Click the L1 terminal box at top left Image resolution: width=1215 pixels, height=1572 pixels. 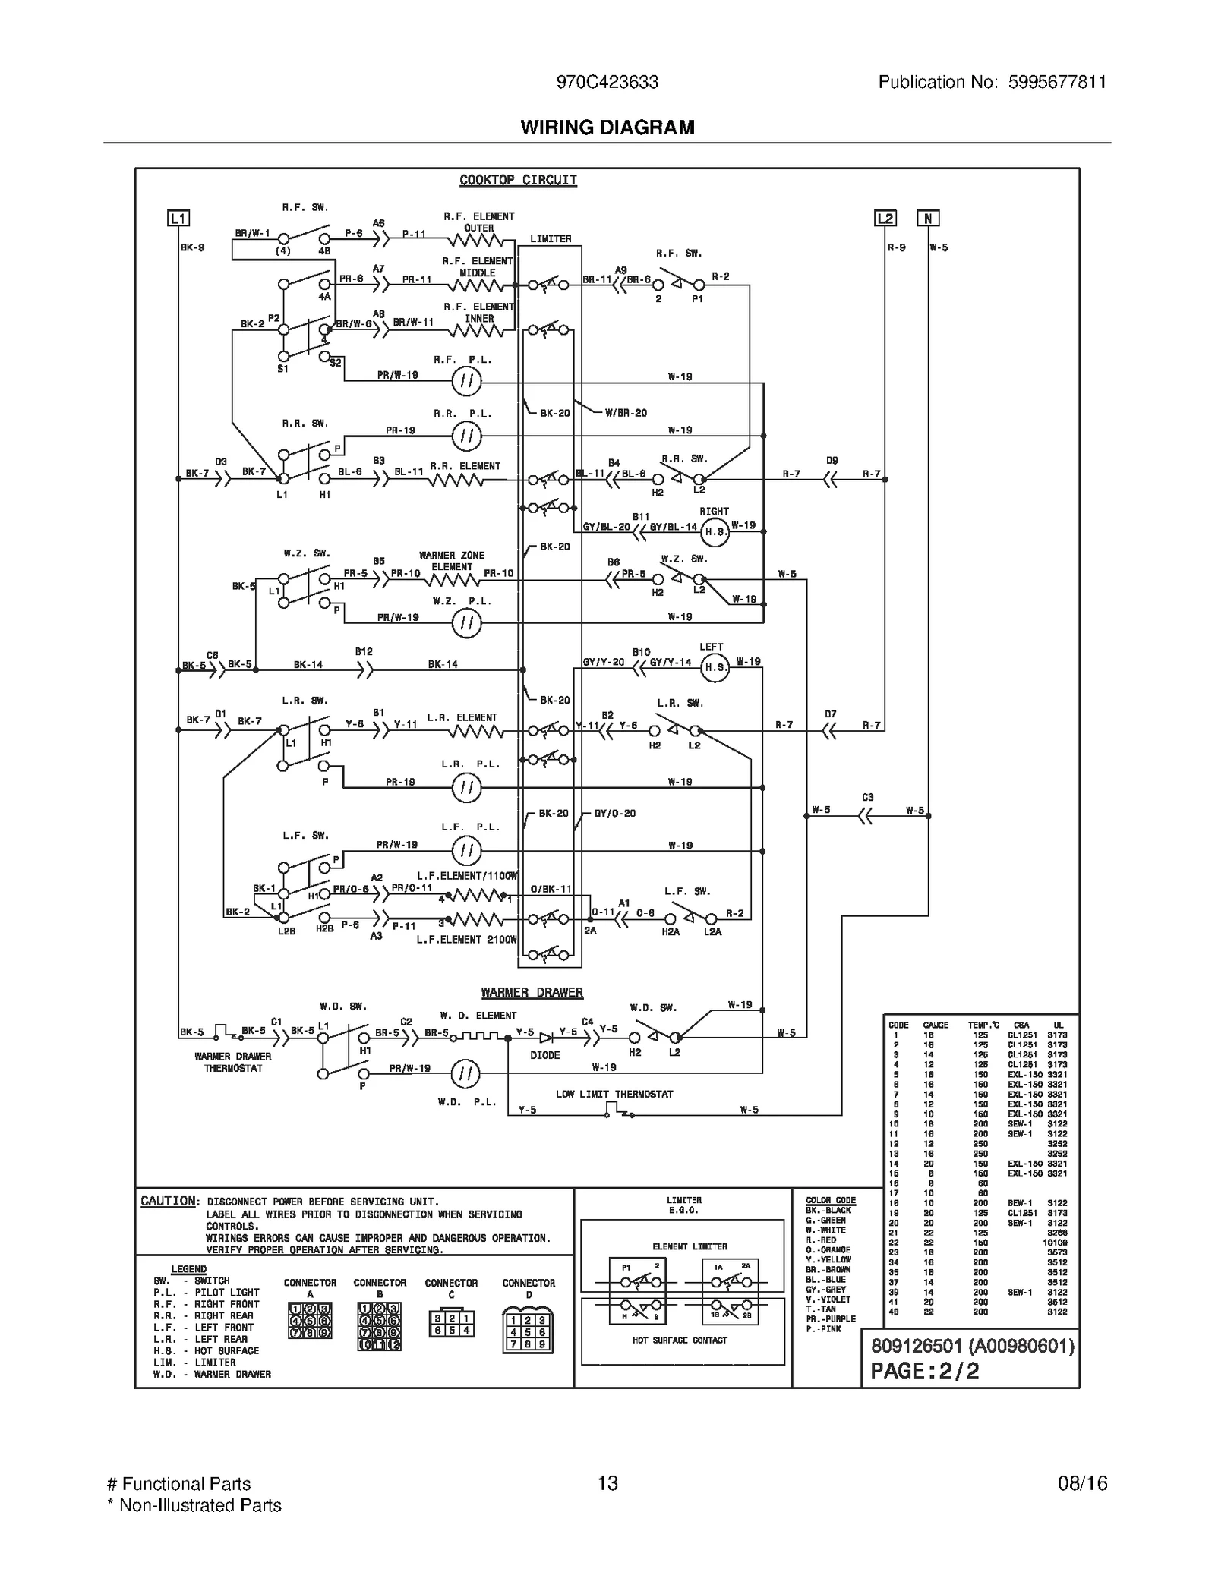coord(178,219)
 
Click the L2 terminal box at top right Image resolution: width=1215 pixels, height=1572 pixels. coord(885,219)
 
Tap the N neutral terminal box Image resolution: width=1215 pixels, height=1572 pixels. coord(928,219)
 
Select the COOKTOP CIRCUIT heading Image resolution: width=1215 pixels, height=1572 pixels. coord(518,180)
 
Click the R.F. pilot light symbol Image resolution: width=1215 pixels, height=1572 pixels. coord(466,381)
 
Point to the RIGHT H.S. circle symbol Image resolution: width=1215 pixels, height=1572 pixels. coord(714,532)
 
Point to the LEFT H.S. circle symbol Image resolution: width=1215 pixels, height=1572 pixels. coord(714,667)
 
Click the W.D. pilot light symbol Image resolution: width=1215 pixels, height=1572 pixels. coord(465,1073)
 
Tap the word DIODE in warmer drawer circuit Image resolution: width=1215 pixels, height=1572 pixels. coord(544,1055)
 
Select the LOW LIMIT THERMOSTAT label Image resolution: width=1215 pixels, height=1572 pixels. coord(614,1094)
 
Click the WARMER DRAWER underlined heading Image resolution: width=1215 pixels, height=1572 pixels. coord(532,992)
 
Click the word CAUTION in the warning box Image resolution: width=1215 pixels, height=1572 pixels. coord(169,1201)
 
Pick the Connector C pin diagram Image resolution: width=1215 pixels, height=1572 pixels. coord(451,1324)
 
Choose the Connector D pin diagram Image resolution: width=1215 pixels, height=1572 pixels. coord(528,1331)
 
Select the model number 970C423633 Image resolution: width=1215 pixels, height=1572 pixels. coord(607,82)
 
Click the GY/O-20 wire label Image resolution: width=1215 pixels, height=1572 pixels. coord(614,813)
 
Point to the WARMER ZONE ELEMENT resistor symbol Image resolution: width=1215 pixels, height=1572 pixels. coord(453,580)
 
